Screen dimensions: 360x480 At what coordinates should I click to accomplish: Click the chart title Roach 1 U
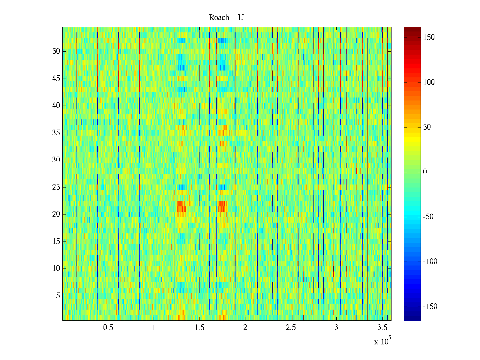coord(226,18)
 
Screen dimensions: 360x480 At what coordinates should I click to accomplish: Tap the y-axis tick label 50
coord(56,51)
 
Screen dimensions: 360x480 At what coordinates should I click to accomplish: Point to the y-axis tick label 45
coord(56,79)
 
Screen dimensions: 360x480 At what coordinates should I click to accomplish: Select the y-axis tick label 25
coord(56,187)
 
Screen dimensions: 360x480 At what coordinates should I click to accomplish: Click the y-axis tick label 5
coord(58,296)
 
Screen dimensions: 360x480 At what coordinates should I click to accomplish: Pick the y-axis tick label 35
coord(56,133)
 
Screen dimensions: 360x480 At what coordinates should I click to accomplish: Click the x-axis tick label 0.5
coord(108,328)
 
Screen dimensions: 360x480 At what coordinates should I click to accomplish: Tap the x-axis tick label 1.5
coord(199,328)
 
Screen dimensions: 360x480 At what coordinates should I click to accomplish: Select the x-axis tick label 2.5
coord(291,328)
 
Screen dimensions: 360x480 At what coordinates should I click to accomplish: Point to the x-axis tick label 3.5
coord(382,328)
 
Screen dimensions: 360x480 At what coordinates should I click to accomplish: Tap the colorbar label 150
coord(429,37)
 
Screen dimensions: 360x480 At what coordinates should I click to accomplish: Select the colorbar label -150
coord(430,307)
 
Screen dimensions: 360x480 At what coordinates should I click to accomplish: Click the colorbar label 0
coord(425,172)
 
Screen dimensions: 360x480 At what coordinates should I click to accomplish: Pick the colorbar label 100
coord(429,82)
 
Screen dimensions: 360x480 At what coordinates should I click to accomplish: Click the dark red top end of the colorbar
coord(412,29)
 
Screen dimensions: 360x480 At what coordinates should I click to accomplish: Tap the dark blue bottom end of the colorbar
coord(412,319)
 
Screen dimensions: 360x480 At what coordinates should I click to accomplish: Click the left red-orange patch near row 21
coord(181,206)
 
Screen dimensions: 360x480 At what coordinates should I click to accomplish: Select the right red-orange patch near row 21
coord(222,206)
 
